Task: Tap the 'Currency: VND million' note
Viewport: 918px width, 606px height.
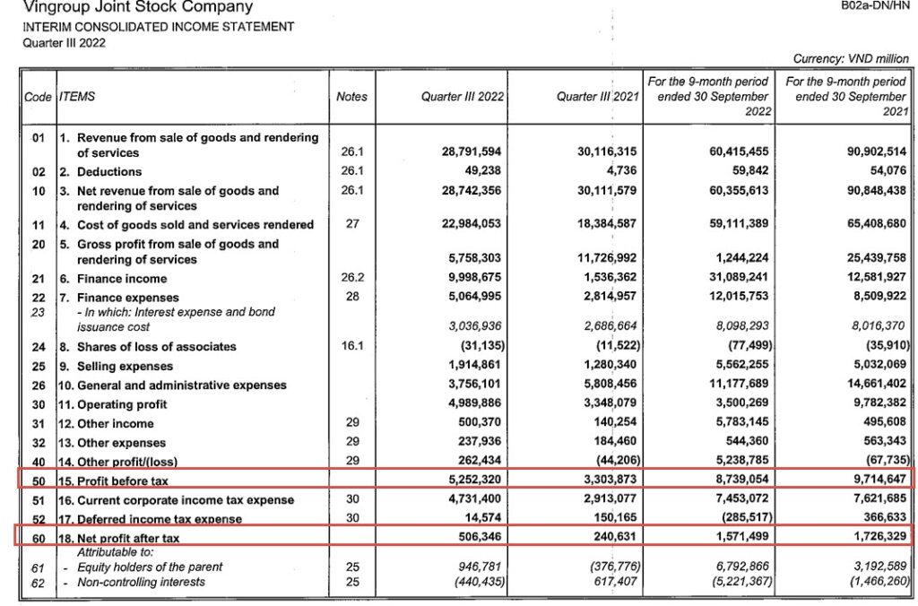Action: click(x=851, y=58)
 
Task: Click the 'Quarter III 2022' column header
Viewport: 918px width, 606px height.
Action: click(x=463, y=97)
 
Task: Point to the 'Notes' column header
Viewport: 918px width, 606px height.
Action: click(x=351, y=97)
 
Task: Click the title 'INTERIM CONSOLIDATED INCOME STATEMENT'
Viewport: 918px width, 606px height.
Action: click(x=159, y=27)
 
